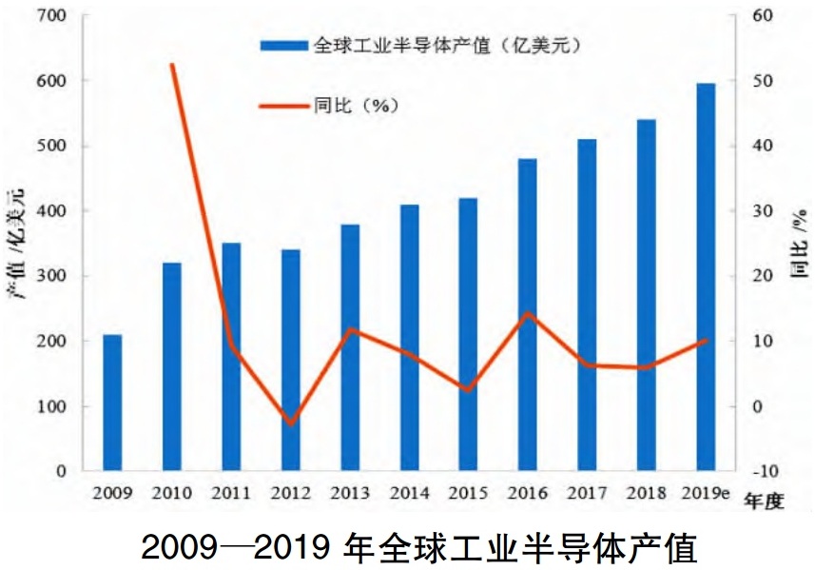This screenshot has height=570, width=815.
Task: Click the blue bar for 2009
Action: [x=112, y=403]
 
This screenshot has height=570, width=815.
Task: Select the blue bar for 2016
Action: [x=527, y=315]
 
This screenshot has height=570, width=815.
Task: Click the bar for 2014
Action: [x=409, y=338]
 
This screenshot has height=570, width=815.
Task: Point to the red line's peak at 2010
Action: [x=172, y=65]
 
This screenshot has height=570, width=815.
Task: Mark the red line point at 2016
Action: [x=528, y=313]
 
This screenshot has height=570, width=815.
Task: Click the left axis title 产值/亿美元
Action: [x=16, y=243]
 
